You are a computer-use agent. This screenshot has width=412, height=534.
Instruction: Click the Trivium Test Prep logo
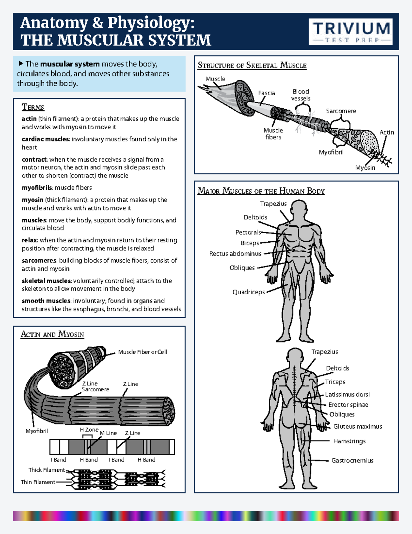click(351, 32)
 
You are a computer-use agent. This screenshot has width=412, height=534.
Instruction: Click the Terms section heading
click(33, 107)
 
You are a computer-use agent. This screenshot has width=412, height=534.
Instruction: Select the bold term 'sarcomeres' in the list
click(39, 261)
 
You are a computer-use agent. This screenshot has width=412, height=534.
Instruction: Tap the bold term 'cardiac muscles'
click(45, 139)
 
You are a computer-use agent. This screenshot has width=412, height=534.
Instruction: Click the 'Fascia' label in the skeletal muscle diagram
click(266, 93)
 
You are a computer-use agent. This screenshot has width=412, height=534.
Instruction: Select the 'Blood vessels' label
click(301, 95)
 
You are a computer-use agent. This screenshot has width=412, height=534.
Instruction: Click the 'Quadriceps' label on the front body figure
click(249, 292)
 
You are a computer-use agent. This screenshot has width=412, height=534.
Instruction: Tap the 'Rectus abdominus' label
click(235, 254)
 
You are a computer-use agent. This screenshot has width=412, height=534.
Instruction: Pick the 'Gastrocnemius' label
click(352, 460)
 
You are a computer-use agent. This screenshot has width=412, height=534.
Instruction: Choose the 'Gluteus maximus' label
click(357, 427)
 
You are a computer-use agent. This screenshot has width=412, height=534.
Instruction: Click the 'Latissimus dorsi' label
click(347, 394)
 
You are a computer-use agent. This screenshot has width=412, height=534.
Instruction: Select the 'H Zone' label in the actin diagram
click(89, 430)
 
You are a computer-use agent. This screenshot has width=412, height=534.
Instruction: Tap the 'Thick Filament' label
click(47, 470)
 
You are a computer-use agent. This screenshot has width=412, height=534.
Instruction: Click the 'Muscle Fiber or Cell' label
click(142, 352)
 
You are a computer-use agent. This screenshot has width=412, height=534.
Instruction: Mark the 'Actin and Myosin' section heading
click(52, 334)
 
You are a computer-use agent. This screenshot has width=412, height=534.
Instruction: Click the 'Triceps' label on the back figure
click(335, 382)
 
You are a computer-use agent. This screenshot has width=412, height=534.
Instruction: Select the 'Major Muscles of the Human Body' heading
click(261, 191)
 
